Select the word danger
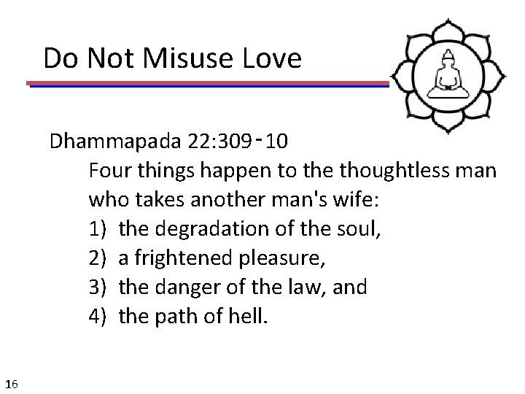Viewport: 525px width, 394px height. click(x=183, y=287)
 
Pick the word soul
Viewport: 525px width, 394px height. click(x=360, y=229)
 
